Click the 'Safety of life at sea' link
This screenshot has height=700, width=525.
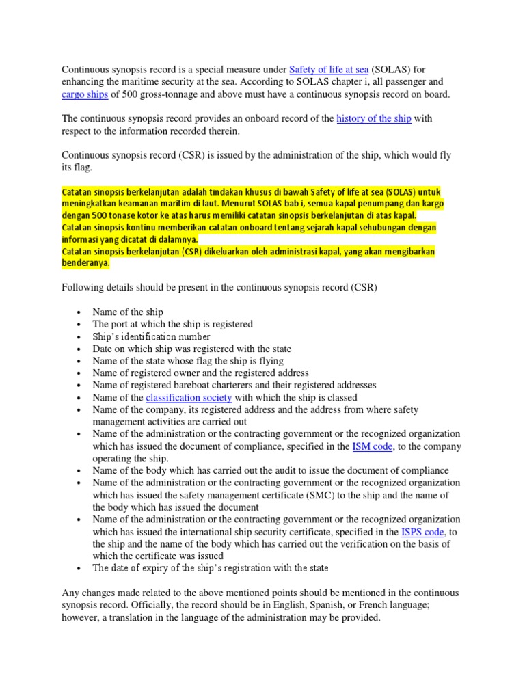[329, 69]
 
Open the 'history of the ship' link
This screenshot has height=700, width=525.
[374, 118]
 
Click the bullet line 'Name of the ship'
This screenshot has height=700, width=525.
[128, 312]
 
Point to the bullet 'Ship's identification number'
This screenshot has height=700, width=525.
[151, 336]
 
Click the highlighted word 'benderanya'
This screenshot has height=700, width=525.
[85, 263]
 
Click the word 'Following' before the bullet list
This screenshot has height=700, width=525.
[83, 288]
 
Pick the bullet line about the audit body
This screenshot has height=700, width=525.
[271, 470]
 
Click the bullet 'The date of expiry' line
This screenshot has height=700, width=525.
[211, 568]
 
